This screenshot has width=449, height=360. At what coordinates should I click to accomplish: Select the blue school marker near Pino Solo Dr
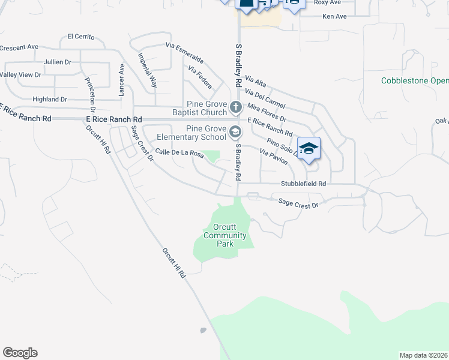(309, 149)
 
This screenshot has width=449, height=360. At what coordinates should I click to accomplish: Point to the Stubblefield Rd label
(304, 184)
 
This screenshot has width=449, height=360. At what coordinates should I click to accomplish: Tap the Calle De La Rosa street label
(179, 154)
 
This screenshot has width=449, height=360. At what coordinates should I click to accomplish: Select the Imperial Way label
(147, 70)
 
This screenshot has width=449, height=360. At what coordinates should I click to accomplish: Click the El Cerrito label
(81, 37)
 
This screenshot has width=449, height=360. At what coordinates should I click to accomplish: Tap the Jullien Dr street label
(58, 62)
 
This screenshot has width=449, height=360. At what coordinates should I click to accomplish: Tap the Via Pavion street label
(274, 157)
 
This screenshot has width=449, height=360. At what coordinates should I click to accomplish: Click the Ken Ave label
(334, 16)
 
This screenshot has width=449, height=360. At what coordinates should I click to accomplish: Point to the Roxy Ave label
(327, 2)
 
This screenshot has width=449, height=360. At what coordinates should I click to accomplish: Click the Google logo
(20, 353)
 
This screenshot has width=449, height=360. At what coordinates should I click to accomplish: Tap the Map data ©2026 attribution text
(424, 355)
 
